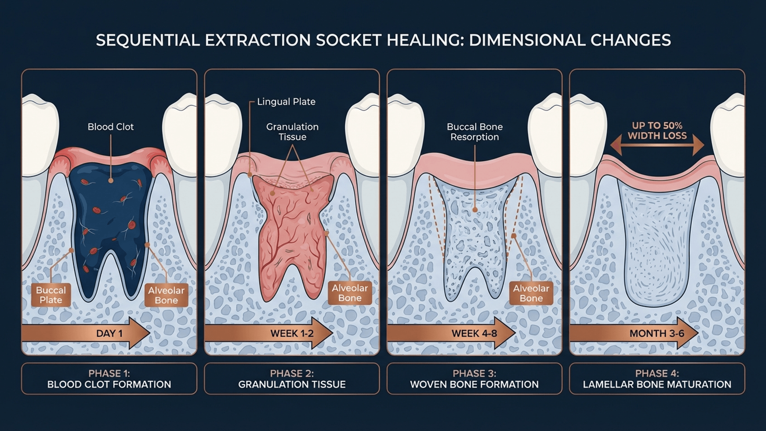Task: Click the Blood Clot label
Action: point(111,127)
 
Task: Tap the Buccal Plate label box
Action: point(51,295)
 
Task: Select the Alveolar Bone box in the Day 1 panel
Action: point(166,295)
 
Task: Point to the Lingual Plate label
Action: point(286,102)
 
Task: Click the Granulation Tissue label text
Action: point(292,132)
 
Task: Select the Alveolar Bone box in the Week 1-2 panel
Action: point(350,293)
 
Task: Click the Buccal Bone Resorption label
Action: point(474,132)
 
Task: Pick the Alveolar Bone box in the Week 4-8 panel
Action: point(531,293)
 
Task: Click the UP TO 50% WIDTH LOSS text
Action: point(657,130)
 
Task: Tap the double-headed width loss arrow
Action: point(657,145)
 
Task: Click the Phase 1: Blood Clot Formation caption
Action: point(109,379)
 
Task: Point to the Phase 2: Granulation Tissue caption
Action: point(292,379)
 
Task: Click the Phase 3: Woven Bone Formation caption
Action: point(474,379)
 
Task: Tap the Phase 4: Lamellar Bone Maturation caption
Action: point(657,379)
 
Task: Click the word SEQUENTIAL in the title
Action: point(148,40)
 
